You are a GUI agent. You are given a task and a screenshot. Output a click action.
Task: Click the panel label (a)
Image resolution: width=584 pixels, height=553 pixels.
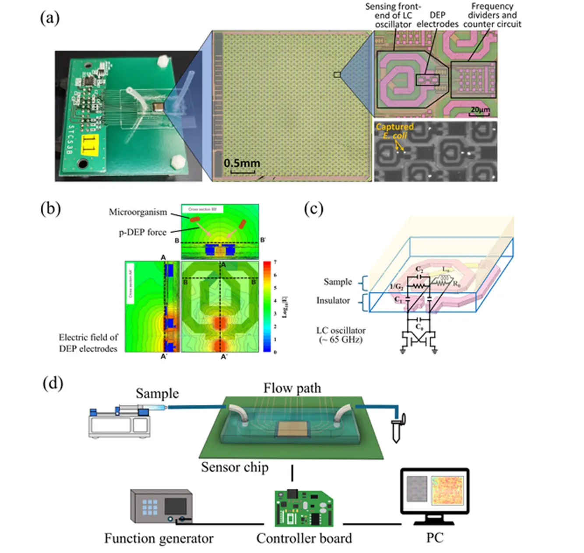click(x=49, y=18)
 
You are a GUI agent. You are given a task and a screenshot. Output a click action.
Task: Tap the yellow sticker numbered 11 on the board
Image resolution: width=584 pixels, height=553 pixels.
click(x=89, y=144)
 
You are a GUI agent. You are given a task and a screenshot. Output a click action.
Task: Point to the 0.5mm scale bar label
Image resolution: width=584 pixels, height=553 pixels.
click(x=242, y=163)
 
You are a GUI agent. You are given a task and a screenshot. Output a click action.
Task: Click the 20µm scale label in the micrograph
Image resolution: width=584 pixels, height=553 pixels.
click(x=480, y=109)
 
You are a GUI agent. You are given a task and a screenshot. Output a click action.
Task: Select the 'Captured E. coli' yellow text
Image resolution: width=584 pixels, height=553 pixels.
click(x=394, y=131)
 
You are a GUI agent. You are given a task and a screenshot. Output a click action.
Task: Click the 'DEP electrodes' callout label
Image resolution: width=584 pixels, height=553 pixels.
click(x=437, y=20)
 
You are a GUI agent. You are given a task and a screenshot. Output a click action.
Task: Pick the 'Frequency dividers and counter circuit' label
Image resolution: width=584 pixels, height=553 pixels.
click(x=492, y=15)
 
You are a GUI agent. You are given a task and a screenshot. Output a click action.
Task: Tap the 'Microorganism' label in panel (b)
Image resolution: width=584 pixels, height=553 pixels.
click(x=138, y=212)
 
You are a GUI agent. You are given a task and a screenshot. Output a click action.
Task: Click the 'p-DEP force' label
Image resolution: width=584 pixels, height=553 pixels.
click(x=143, y=232)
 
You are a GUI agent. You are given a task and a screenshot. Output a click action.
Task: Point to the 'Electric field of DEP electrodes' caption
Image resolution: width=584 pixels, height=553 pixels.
click(x=88, y=343)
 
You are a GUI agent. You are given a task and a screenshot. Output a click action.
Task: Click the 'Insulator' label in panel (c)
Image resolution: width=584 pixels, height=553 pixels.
click(x=333, y=301)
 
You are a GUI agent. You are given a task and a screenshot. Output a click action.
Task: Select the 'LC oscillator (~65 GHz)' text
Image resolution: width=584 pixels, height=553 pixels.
click(x=341, y=335)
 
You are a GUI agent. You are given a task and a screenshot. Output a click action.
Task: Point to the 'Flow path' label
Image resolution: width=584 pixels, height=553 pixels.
click(x=292, y=388)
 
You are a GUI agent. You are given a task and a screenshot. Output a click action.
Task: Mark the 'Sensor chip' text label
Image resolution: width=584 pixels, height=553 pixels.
click(x=235, y=467)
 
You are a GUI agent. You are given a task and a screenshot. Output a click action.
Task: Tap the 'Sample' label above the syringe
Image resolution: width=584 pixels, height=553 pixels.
click(x=157, y=393)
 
